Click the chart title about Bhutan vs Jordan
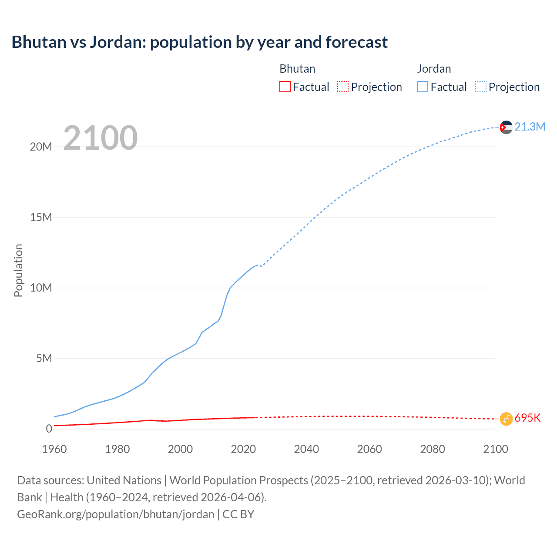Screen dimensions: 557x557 pyautogui.click(x=199, y=42)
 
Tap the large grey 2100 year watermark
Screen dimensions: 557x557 pyautogui.click(x=101, y=138)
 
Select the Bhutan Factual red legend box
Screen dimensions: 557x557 pyautogui.click(x=285, y=87)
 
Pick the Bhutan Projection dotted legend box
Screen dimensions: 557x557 pyautogui.click(x=343, y=87)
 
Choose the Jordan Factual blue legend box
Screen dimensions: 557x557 pyautogui.click(x=422, y=87)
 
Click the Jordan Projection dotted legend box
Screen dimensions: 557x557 pyautogui.click(x=480, y=87)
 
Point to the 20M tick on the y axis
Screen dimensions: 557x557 pyautogui.click(x=41, y=147)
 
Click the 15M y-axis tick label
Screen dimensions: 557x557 pyautogui.click(x=41, y=217)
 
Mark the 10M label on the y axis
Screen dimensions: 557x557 pyautogui.click(x=41, y=288)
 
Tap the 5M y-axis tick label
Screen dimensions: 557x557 pyautogui.click(x=44, y=358)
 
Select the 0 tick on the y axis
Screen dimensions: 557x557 pyautogui.click(x=49, y=429)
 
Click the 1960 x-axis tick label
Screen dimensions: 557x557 pyautogui.click(x=54, y=449)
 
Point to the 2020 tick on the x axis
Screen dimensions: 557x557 pyautogui.click(x=243, y=449)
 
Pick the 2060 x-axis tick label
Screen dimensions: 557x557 pyautogui.click(x=369, y=449)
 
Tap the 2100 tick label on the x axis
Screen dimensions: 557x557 pyautogui.click(x=495, y=449)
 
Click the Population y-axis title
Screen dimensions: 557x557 pyautogui.click(x=18, y=270)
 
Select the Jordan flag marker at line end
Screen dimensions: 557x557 pyautogui.click(x=506, y=127)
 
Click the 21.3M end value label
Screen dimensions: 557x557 pyautogui.click(x=530, y=127)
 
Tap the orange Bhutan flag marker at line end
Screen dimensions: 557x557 pyautogui.click(x=506, y=419)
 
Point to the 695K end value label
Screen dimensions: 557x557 pyautogui.click(x=527, y=418)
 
